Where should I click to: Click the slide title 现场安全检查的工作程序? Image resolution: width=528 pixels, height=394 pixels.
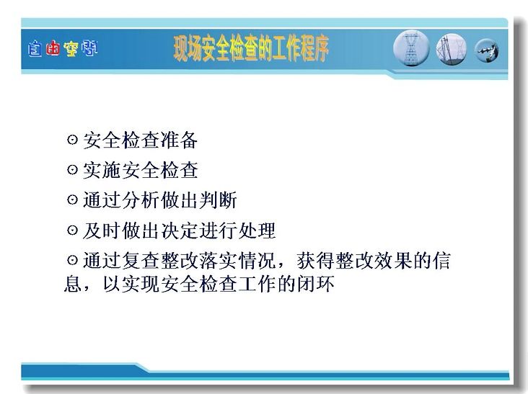pyautogui.click(x=251, y=48)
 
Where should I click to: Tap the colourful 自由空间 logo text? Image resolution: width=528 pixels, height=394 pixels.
pyautogui.click(x=63, y=48)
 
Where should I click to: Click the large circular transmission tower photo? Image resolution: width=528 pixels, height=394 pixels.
pyautogui.click(x=411, y=48)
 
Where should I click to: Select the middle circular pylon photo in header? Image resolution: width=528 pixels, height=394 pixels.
pyautogui.click(x=452, y=50)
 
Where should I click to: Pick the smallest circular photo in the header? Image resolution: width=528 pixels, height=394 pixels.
pyautogui.click(x=487, y=50)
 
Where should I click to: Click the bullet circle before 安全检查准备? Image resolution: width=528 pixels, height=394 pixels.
pyautogui.click(x=72, y=139)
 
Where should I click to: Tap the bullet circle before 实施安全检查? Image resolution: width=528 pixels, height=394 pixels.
pyautogui.click(x=72, y=169)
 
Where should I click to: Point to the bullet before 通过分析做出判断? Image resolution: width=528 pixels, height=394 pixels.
pyautogui.click(x=72, y=200)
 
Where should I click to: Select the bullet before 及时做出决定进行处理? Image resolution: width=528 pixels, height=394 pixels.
pyautogui.click(x=72, y=230)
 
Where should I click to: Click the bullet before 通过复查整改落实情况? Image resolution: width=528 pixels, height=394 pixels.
pyautogui.click(x=72, y=260)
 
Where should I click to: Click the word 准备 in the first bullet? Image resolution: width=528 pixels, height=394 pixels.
pyautogui.click(x=179, y=140)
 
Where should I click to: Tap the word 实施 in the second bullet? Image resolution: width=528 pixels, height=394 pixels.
pyautogui.click(x=102, y=170)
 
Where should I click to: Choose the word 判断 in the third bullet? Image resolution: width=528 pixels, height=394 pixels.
pyautogui.click(x=218, y=200)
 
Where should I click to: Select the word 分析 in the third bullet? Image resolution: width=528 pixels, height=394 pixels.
pyautogui.click(x=141, y=200)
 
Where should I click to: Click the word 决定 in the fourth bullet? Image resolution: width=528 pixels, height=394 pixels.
pyautogui.click(x=179, y=230)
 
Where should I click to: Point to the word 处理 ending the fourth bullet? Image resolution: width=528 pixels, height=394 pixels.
pyautogui.click(x=257, y=230)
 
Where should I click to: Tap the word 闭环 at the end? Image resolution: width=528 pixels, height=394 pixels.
pyautogui.click(x=315, y=283)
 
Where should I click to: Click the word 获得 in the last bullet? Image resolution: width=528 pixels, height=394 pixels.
pyautogui.click(x=316, y=261)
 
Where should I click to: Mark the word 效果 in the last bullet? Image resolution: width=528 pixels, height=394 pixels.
pyautogui.click(x=393, y=261)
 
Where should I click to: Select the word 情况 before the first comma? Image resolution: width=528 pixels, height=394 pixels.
pyautogui.click(x=257, y=261)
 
